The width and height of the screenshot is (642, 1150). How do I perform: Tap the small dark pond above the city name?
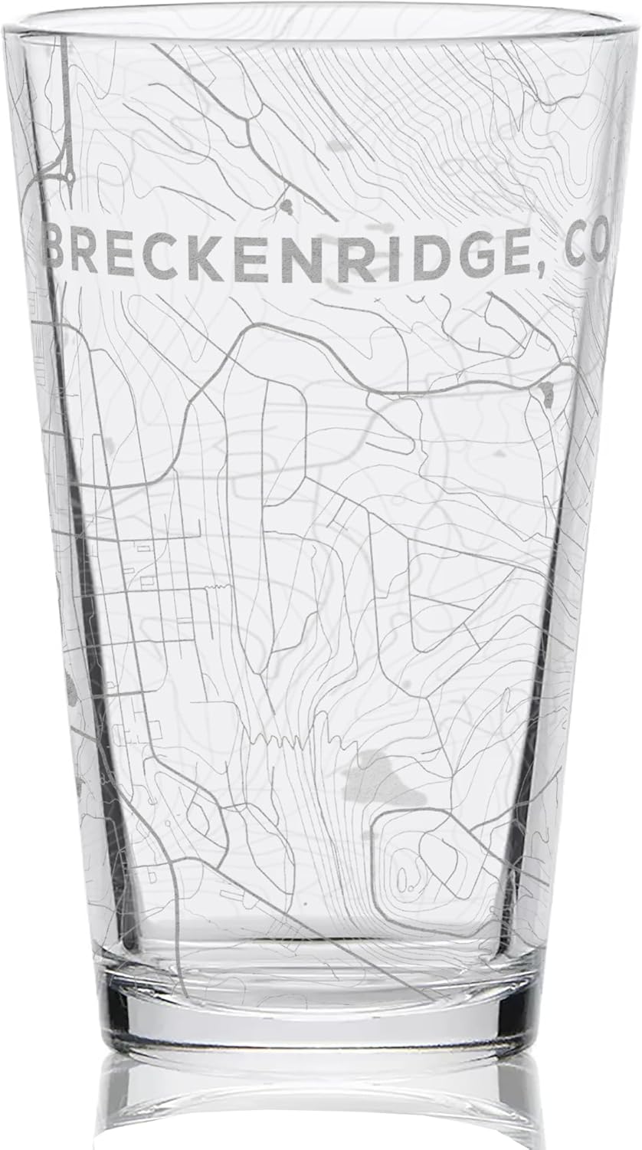[x=288, y=205]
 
